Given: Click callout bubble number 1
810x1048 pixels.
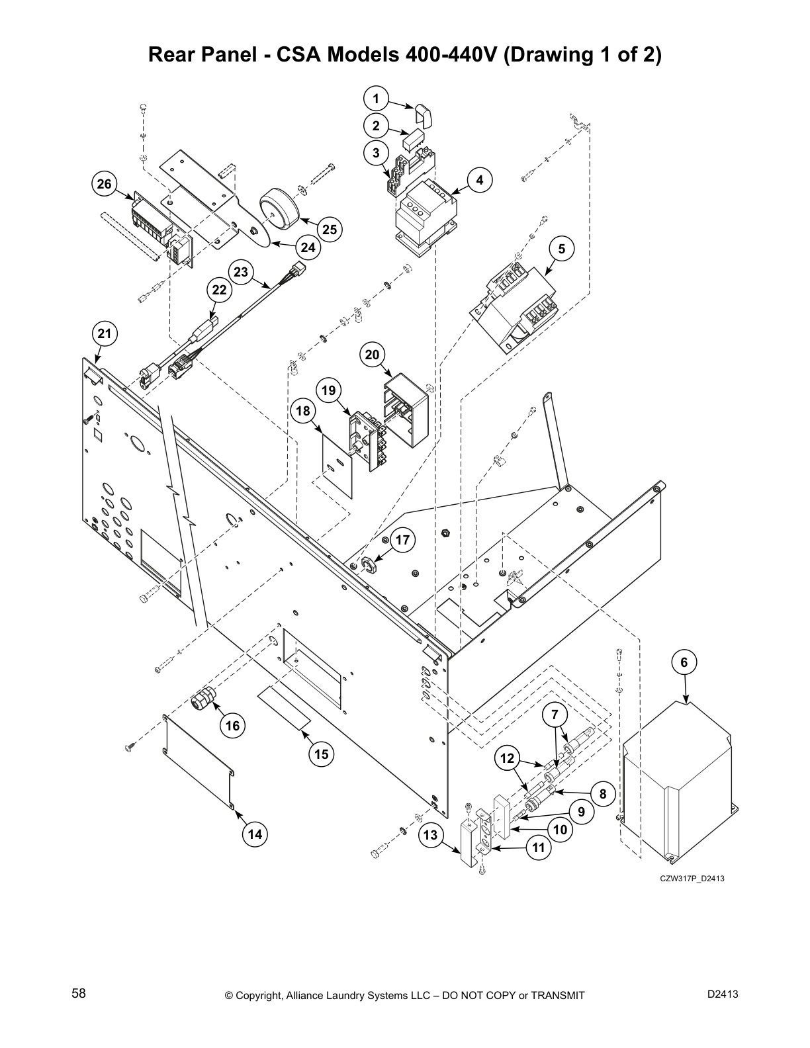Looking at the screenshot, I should point(376,99).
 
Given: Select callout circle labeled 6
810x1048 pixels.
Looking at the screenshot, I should point(684,662).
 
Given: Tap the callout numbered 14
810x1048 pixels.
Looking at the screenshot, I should point(255,834).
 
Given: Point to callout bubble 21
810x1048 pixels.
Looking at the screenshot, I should point(105,333).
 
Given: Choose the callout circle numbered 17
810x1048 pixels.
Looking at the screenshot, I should point(402,541).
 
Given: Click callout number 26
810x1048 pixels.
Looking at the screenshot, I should point(105,184).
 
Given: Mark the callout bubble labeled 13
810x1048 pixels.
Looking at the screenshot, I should point(431,835).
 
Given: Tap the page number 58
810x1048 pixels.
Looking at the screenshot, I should point(79,994).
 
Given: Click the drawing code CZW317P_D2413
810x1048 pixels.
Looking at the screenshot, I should point(688,879).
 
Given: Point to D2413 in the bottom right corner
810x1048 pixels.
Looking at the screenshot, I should point(723,994).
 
